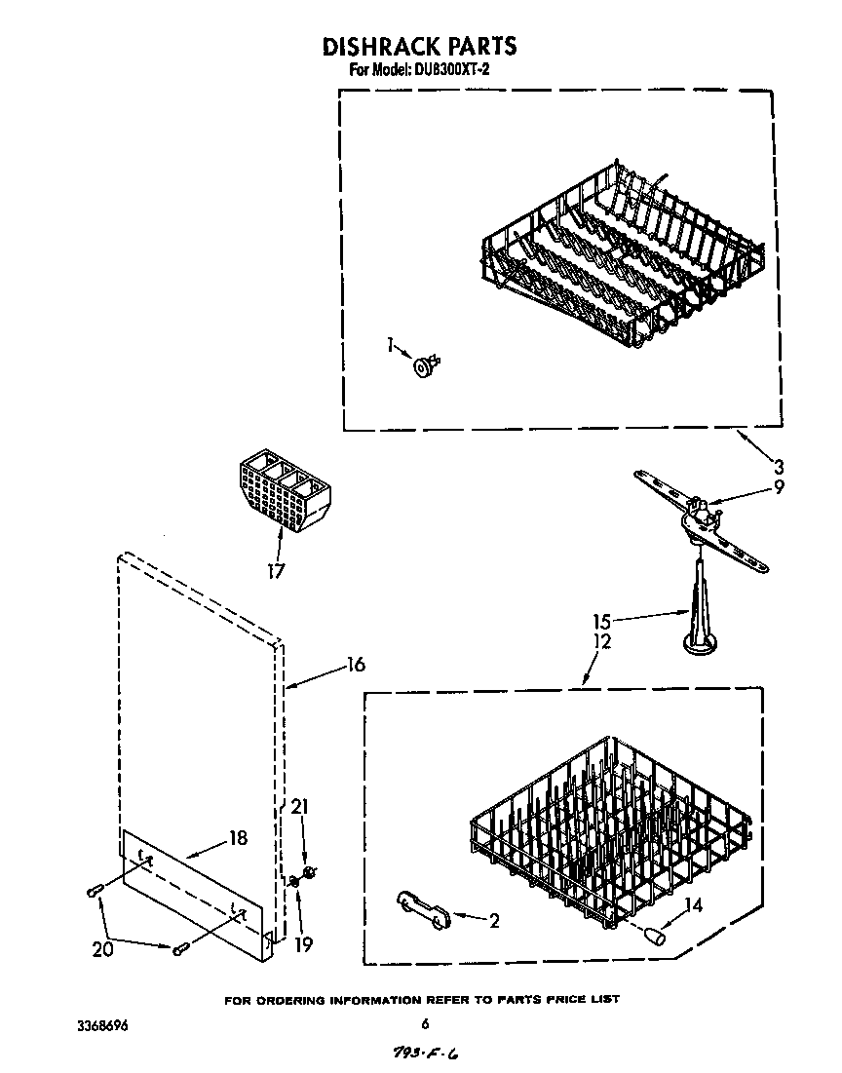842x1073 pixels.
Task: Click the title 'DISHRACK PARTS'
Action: pyautogui.click(x=418, y=46)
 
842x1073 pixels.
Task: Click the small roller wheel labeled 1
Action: pyautogui.click(x=426, y=366)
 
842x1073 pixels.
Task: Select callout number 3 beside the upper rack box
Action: pyautogui.click(x=778, y=467)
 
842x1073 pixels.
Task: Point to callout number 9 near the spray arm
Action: pyautogui.click(x=778, y=488)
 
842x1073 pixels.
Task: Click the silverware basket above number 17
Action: pyautogui.click(x=283, y=493)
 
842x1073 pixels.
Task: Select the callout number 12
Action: pyautogui.click(x=601, y=641)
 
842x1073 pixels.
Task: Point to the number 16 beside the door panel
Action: pyautogui.click(x=355, y=665)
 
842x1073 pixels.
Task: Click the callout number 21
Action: pyautogui.click(x=300, y=807)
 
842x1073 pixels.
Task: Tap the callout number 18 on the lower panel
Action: pyautogui.click(x=236, y=837)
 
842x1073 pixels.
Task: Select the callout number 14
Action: pyautogui.click(x=693, y=904)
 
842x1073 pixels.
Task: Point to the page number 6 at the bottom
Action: pyautogui.click(x=425, y=1023)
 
